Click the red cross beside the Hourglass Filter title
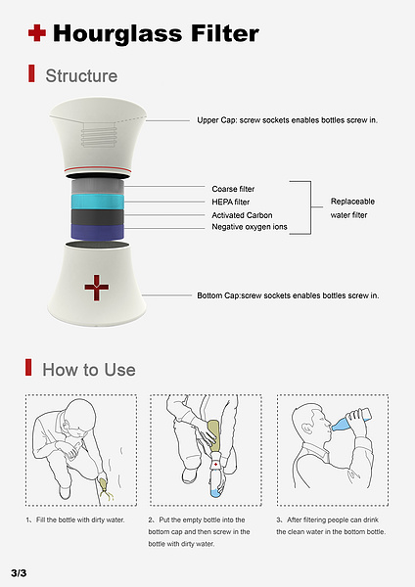click(x=37, y=33)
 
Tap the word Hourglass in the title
click(x=117, y=33)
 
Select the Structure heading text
click(x=81, y=75)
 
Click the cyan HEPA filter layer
click(x=97, y=202)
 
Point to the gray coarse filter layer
click(x=97, y=187)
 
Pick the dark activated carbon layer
click(x=97, y=217)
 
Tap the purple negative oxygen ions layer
click(x=97, y=232)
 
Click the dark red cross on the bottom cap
click(x=97, y=288)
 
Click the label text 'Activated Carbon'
click(x=242, y=215)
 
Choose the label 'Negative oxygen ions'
click(x=250, y=227)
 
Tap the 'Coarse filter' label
click(x=233, y=189)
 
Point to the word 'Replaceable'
click(x=352, y=202)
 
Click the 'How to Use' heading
click(x=89, y=370)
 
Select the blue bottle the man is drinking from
click(x=351, y=421)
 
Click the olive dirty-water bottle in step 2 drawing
click(x=214, y=435)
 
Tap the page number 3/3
click(x=19, y=572)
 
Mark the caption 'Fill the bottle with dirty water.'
click(x=80, y=520)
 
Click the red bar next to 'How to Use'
click(x=28, y=367)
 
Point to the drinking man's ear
click(x=307, y=428)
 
